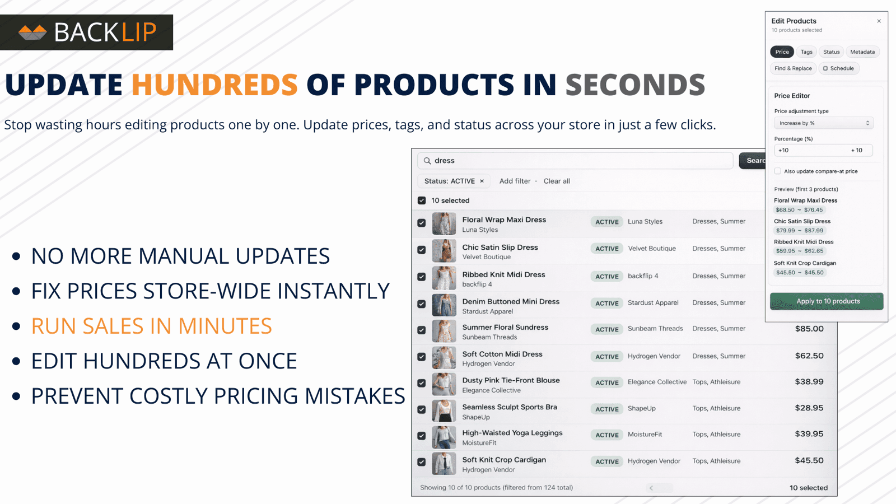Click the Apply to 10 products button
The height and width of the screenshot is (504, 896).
tap(827, 301)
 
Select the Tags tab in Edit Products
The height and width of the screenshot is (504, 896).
tap(806, 52)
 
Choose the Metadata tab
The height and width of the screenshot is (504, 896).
tap(862, 52)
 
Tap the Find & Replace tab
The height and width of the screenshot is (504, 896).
tap(793, 68)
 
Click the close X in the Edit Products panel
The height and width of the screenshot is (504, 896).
tap(879, 21)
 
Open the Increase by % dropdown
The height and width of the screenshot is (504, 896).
tap(824, 123)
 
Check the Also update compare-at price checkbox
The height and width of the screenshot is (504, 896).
tap(778, 171)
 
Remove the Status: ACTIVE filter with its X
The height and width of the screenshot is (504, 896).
tap(482, 181)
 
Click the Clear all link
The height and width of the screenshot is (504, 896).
tap(557, 181)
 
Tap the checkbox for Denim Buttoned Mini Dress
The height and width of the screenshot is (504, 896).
tap(422, 304)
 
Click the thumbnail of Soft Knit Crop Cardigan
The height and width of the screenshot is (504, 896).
tap(444, 464)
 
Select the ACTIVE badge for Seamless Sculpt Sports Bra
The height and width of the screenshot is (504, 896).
tap(607, 409)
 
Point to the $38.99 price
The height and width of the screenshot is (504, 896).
tap(809, 381)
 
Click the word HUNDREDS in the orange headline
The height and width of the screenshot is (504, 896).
tap(215, 85)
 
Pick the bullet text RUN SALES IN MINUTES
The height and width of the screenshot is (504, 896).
tap(152, 326)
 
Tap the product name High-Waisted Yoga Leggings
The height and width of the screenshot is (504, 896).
tap(512, 433)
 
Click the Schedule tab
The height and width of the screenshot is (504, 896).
tap(839, 68)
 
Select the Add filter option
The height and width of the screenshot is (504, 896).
tap(515, 181)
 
